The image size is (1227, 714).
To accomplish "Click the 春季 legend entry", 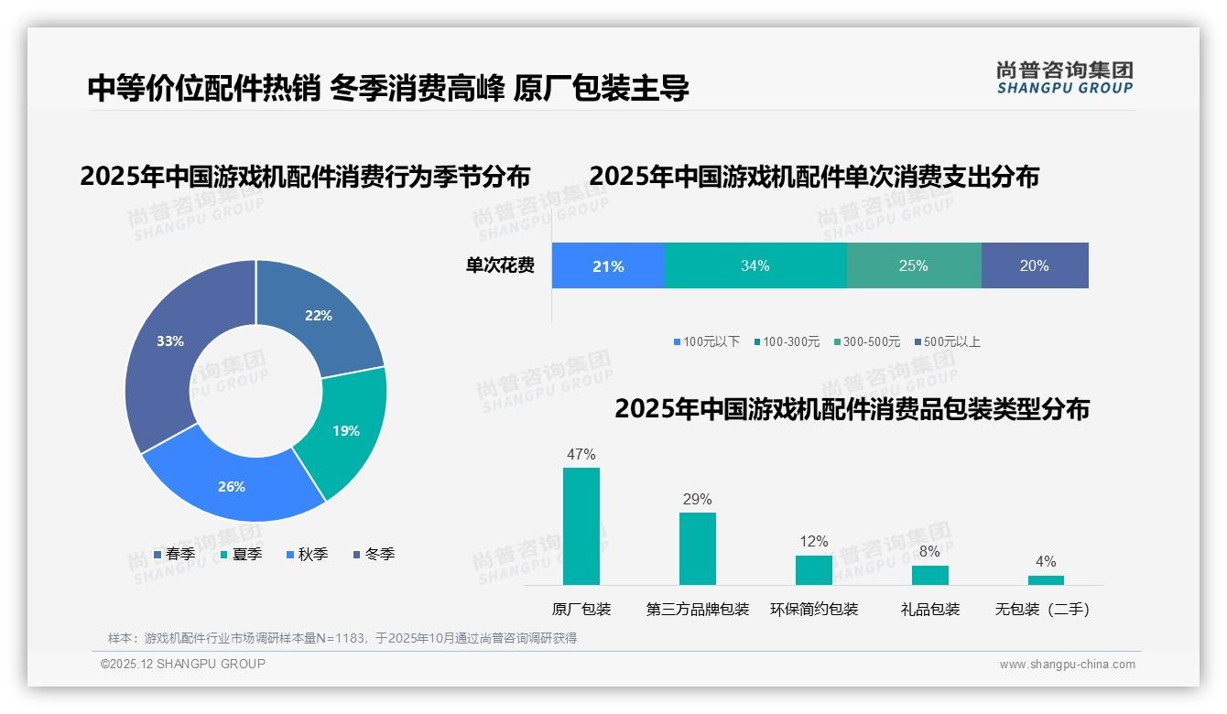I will (174, 554).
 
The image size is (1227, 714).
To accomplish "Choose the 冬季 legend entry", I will (373, 554).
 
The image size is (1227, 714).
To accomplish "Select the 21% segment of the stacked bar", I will (607, 266).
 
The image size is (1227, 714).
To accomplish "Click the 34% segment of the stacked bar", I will (755, 266).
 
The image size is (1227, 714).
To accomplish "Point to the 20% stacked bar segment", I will (1034, 266).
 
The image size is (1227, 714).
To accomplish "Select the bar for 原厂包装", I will (581, 526).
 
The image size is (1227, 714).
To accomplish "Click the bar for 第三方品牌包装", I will (697, 548).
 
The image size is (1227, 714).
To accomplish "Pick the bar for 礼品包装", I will (929, 575).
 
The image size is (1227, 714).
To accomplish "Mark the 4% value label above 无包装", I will (1045, 561).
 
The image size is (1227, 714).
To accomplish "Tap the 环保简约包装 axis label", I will (813, 610).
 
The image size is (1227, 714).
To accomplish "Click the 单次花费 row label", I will (500, 266).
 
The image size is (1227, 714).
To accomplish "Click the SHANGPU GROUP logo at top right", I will (1064, 78).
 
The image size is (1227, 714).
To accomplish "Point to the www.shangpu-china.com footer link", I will (1067, 665).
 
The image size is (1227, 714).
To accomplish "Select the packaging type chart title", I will (852, 409).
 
